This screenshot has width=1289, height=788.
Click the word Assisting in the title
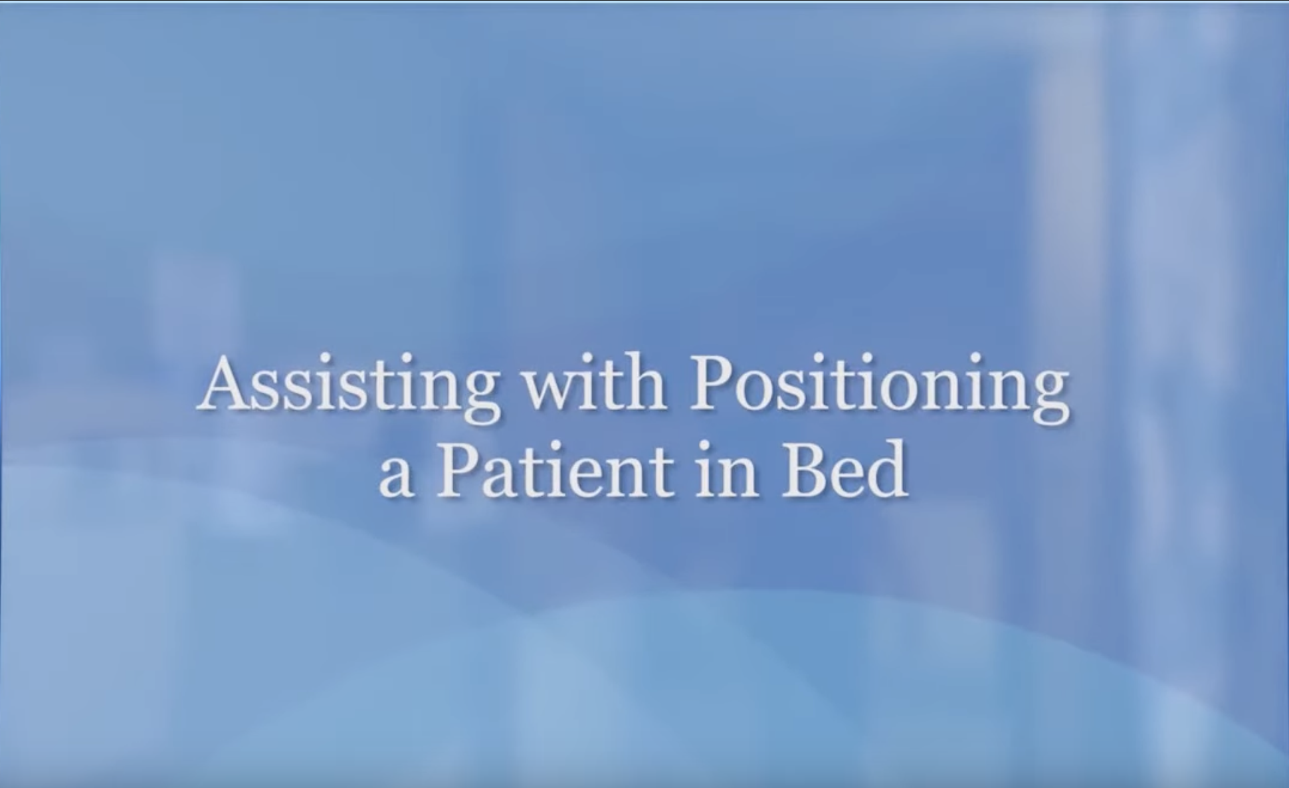(x=347, y=388)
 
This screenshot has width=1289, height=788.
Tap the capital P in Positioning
(x=711, y=384)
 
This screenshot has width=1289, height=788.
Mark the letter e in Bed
(x=846, y=478)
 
